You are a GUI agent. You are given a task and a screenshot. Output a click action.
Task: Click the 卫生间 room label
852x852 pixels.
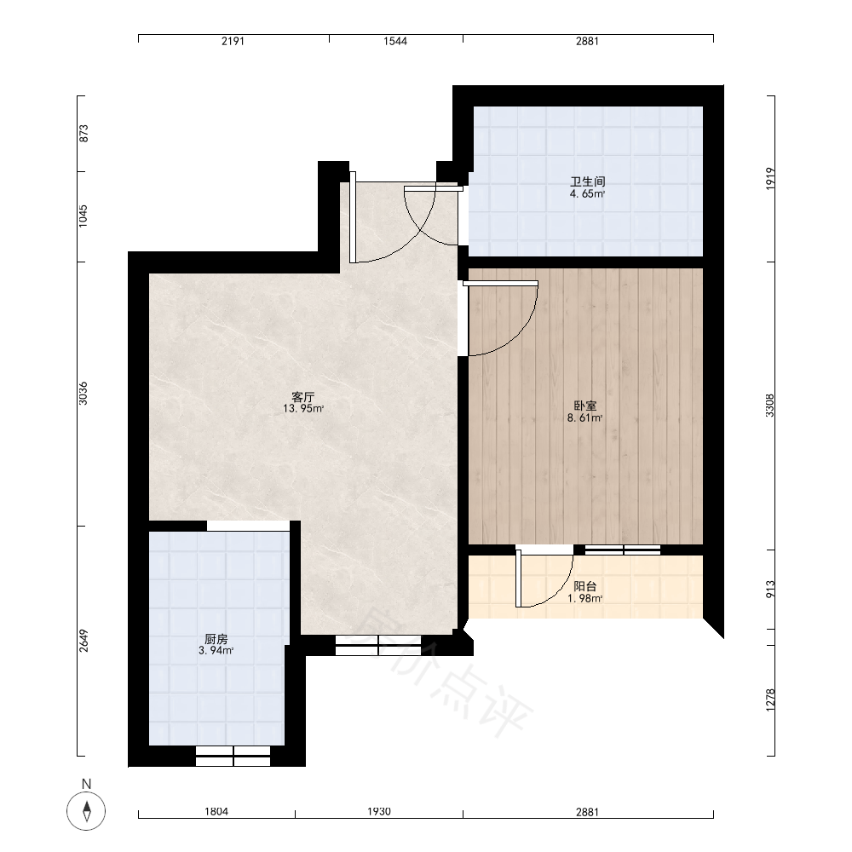(x=587, y=181)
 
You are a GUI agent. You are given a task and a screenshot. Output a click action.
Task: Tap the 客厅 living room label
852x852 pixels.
(x=303, y=397)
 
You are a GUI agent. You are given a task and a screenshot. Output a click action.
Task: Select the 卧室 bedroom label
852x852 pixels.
(x=585, y=406)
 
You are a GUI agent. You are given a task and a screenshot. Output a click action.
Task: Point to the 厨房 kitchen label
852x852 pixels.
(x=216, y=639)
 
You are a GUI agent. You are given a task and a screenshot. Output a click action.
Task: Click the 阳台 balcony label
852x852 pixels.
(x=585, y=586)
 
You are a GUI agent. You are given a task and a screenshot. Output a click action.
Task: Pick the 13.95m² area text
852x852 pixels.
(x=303, y=409)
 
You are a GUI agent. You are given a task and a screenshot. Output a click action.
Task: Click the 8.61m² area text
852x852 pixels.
(x=585, y=417)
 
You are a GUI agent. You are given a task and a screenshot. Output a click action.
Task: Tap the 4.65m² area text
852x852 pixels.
(x=587, y=193)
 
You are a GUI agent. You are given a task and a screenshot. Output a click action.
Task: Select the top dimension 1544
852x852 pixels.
(x=395, y=41)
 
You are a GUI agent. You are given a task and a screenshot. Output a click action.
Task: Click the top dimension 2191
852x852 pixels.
(x=233, y=41)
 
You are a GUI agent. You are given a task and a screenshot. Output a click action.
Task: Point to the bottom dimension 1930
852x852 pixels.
(x=379, y=811)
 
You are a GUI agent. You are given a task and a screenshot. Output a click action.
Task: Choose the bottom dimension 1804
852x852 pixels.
(x=216, y=811)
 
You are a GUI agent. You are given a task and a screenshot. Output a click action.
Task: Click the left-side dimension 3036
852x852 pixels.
(x=83, y=393)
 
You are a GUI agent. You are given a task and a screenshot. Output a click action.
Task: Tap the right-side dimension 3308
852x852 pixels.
(x=770, y=406)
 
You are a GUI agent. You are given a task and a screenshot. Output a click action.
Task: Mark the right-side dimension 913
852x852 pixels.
(x=770, y=590)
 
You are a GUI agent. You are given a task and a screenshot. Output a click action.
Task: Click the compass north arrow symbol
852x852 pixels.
(x=86, y=811)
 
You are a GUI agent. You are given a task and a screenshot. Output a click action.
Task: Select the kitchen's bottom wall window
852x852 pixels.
(x=233, y=756)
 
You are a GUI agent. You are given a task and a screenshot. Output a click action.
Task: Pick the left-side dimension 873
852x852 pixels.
(x=83, y=134)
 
